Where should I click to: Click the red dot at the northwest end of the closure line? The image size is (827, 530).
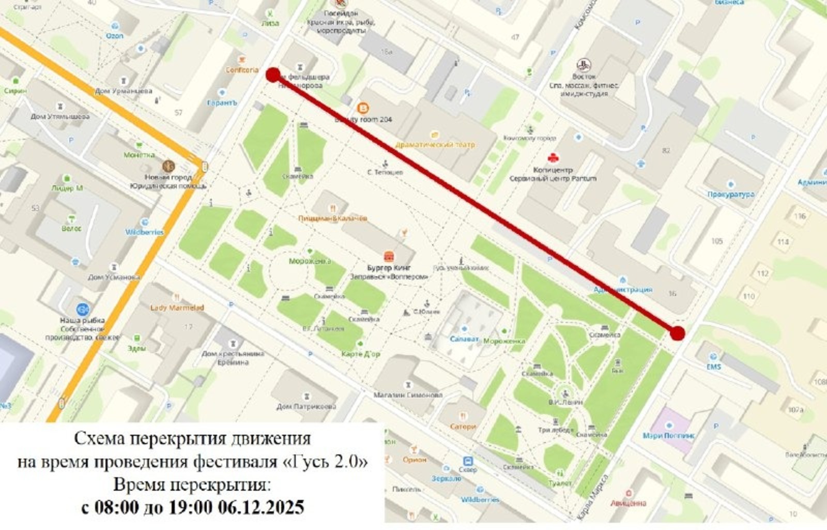pyautogui.click(x=273, y=75)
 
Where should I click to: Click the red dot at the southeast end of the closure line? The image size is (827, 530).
pyautogui.click(x=677, y=333)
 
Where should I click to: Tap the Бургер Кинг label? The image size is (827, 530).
pyautogui.click(x=389, y=268)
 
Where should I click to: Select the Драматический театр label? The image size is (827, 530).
pyautogui.click(x=435, y=145)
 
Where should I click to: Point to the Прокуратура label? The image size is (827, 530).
pyautogui.click(x=730, y=194)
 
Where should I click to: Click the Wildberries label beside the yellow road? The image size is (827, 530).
pyautogui.click(x=144, y=232)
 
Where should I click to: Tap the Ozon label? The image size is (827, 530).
pyautogui.click(x=114, y=36)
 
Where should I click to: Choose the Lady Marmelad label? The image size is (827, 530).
pyautogui.click(x=177, y=307)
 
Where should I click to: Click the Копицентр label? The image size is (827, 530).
pyautogui.click(x=553, y=170)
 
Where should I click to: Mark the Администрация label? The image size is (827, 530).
pyautogui.click(x=623, y=289)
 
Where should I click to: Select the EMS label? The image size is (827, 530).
pyautogui.click(x=713, y=366)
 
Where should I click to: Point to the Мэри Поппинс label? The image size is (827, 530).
pyautogui.click(x=668, y=435)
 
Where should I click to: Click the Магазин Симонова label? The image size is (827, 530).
pyautogui.click(x=408, y=394)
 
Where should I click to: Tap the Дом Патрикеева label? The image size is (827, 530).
pyautogui.click(x=306, y=406)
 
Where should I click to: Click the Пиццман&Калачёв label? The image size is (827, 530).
pyautogui.click(x=332, y=218)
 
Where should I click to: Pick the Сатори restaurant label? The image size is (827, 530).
pyautogui.click(x=462, y=426)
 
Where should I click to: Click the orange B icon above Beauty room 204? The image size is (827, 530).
pyautogui.click(x=363, y=108)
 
